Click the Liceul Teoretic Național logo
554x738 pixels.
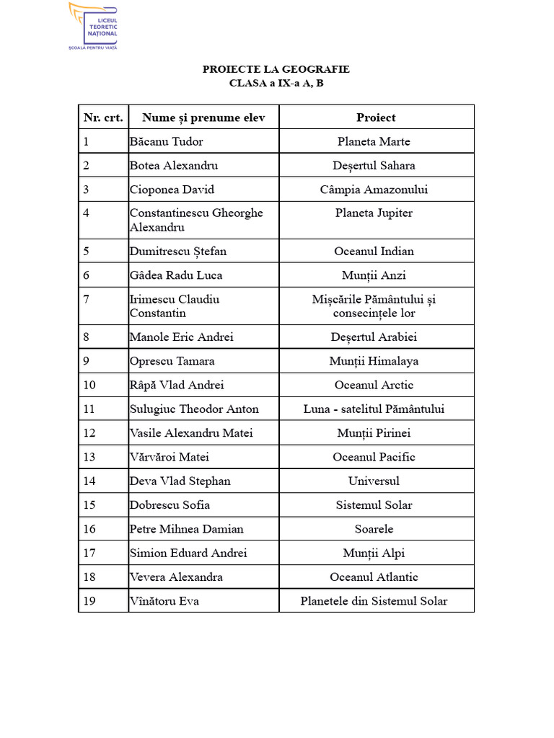click(x=93, y=27)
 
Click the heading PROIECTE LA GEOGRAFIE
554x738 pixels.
click(x=276, y=69)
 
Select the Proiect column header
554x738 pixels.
click(x=376, y=117)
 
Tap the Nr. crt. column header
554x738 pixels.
click(x=103, y=117)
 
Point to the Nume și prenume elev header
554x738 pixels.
click(x=203, y=117)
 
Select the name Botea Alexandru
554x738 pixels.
click(x=173, y=165)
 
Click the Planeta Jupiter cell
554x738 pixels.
click(x=374, y=213)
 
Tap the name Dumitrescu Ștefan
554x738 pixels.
click(x=177, y=251)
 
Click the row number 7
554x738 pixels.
click(x=87, y=299)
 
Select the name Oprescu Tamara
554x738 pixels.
click(x=172, y=361)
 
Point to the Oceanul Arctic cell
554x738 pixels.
click(x=374, y=385)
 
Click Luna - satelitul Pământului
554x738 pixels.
click(x=374, y=409)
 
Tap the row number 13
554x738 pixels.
click(x=89, y=457)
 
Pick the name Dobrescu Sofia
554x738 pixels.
click(x=170, y=504)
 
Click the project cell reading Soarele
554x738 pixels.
click(x=374, y=529)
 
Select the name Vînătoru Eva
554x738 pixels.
click(x=164, y=600)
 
